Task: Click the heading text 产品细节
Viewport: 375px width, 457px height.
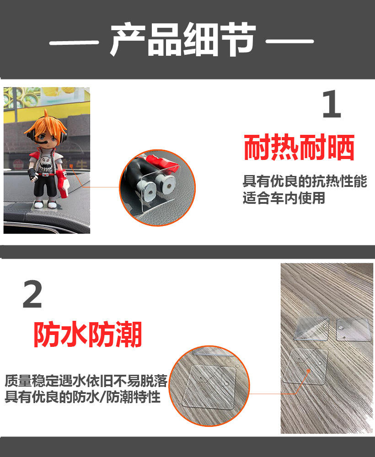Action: point(183,41)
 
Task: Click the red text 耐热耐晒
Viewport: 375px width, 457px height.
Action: point(299,147)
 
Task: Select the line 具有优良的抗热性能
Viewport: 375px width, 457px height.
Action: point(305,181)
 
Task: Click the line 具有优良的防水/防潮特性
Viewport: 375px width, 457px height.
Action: point(83,397)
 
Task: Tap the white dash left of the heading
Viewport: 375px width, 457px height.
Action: point(73,43)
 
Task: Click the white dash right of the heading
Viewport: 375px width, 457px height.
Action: point(290,43)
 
